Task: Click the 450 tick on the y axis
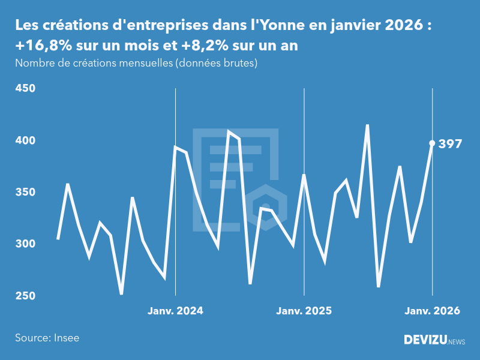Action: (25, 89)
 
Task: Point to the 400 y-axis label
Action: (25, 140)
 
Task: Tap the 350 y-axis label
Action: (25, 193)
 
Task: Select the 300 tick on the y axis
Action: (25, 244)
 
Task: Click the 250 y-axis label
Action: (25, 296)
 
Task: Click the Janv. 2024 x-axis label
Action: (175, 311)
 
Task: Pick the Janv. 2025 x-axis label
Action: (304, 311)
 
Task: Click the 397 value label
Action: (450, 144)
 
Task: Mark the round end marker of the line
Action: (432, 143)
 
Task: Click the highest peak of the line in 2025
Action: (367, 125)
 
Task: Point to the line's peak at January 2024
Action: (175, 146)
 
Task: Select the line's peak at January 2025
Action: (304, 175)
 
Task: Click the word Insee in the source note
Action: (66, 338)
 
